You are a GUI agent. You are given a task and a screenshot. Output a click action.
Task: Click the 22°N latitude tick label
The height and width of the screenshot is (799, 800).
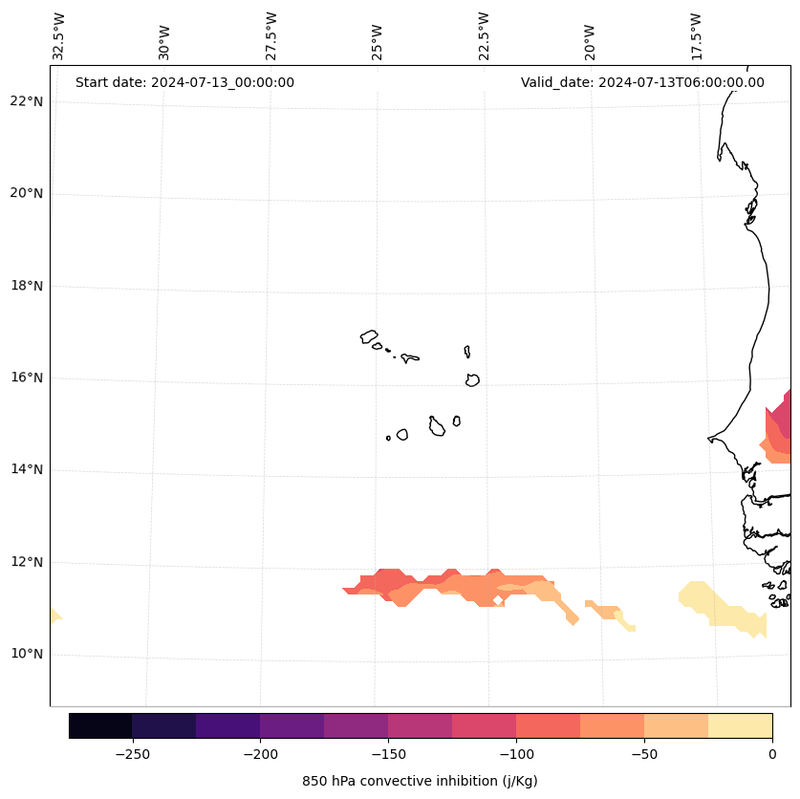[27, 101]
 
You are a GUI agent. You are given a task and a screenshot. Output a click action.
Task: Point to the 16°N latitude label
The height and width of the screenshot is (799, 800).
[27, 378]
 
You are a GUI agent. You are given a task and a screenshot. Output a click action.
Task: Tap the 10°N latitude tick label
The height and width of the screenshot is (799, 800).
[27, 654]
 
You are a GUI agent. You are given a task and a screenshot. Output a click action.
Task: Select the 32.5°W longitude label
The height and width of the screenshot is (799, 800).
[59, 37]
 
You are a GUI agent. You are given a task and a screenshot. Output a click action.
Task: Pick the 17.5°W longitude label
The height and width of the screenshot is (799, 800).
[697, 37]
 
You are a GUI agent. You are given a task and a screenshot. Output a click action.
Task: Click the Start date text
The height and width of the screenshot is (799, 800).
[184, 82]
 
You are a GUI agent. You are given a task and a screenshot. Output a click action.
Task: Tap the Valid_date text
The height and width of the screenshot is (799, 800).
[642, 82]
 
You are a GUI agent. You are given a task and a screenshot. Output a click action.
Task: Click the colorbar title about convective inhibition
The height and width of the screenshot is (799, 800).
[420, 781]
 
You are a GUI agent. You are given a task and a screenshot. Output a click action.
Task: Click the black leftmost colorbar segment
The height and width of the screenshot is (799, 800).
[100, 725]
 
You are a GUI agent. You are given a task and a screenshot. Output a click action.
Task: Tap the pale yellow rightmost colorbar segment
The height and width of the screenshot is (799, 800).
[740, 725]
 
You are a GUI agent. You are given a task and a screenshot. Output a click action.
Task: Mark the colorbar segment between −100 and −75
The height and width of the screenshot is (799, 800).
[548, 725]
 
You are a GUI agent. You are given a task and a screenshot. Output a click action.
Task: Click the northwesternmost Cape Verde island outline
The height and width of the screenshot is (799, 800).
[369, 336]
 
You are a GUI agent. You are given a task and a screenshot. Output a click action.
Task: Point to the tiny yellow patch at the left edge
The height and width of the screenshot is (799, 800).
[54, 615]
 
